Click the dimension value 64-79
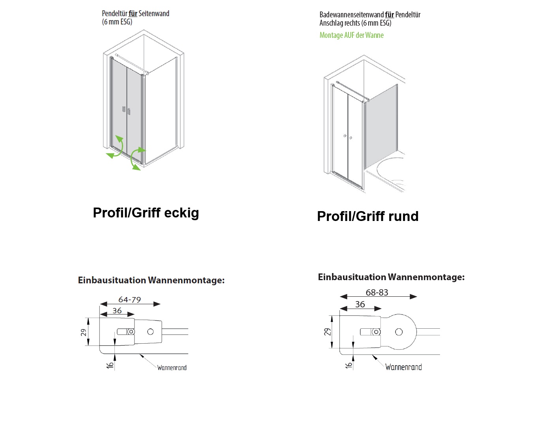click(129, 299)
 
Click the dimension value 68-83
click(377, 292)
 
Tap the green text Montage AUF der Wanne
click(351, 35)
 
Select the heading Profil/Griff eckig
click(146, 213)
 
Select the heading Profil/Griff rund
click(368, 216)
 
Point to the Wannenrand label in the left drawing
click(172, 367)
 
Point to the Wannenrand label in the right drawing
click(403, 367)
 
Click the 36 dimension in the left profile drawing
click(117, 310)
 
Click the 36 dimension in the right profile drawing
click(360, 304)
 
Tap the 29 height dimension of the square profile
click(84, 332)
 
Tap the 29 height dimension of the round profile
click(328, 332)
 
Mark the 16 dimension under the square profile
click(110, 365)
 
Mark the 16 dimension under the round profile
click(349, 365)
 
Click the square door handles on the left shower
click(126, 110)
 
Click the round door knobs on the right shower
click(347, 137)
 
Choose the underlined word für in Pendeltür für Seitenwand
click(133, 13)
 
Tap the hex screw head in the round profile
click(376, 332)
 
